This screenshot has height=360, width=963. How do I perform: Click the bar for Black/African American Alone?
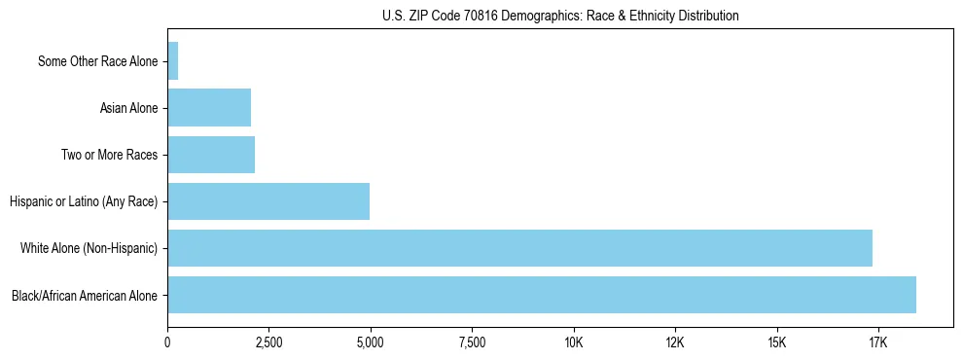click(x=542, y=295)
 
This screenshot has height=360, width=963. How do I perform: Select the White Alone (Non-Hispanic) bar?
click(x=519, y=248)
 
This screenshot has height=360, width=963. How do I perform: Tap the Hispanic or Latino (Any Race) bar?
click(x=268, y=201)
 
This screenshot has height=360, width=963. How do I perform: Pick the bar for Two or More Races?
click(x=211, y=155)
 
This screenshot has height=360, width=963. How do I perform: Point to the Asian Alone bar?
click(x=209, y=108)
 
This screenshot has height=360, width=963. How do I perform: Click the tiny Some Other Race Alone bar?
click(x=173, y=61)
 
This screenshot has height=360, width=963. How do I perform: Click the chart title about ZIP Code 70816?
click(x=553, y=16)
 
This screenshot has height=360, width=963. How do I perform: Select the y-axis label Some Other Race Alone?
click(x=97, y=61)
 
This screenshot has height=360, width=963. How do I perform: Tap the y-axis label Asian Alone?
click(x=128, y=108)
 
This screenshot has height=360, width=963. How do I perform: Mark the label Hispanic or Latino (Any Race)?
click(x=84, y=201)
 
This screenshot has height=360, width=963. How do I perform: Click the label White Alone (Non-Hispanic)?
click(x=89, y=248)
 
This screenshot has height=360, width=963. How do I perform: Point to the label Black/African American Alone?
click(x=85, y=295)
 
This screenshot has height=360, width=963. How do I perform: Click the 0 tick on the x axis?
click(x=167, y=342)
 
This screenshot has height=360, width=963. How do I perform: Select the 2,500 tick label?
click(x=268, y=342)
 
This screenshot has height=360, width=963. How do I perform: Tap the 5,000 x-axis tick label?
click(x=370, y=342)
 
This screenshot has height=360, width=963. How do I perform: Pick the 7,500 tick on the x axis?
click(x=472, y=342)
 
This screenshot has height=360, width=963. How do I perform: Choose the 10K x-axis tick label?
click(x=573, y=342)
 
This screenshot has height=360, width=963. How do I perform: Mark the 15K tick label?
click(x=776, y=342)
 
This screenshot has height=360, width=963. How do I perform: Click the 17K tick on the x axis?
click(x=877, y=342)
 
